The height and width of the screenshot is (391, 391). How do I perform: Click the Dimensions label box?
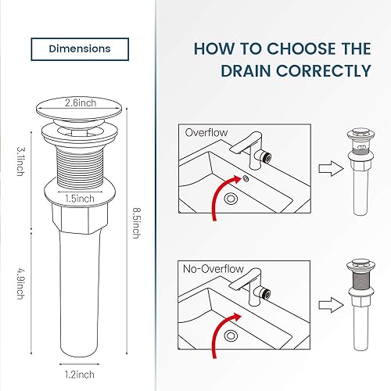click(80, 48)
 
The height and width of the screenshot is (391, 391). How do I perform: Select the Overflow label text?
click(206, 133)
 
